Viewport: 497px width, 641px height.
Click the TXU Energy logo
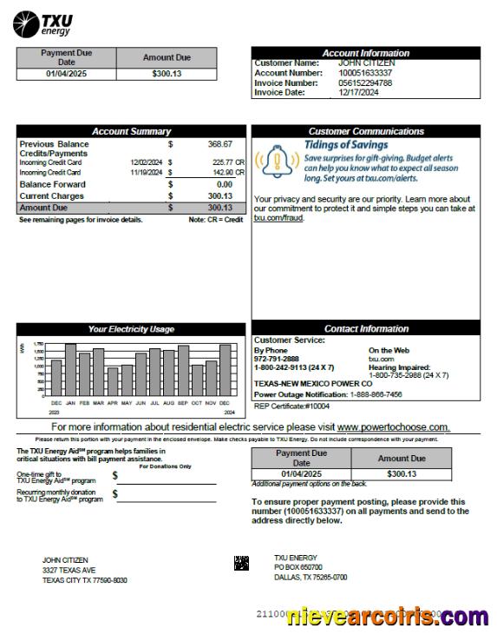[x=44, y=23]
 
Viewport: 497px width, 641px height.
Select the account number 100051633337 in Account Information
[x=364, y=73]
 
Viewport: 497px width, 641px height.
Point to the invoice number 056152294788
[x=364, y=83]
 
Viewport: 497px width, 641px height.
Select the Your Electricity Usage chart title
[x=131, y=329]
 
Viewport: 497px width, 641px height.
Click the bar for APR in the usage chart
[x=112, y=380]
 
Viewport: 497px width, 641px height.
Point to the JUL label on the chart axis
[x=154, y=403]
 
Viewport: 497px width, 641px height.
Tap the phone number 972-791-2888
[x=276, y=359]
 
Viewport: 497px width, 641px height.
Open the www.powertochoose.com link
[x=393, y=427]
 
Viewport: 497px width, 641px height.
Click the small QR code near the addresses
[x=242, y=563]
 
